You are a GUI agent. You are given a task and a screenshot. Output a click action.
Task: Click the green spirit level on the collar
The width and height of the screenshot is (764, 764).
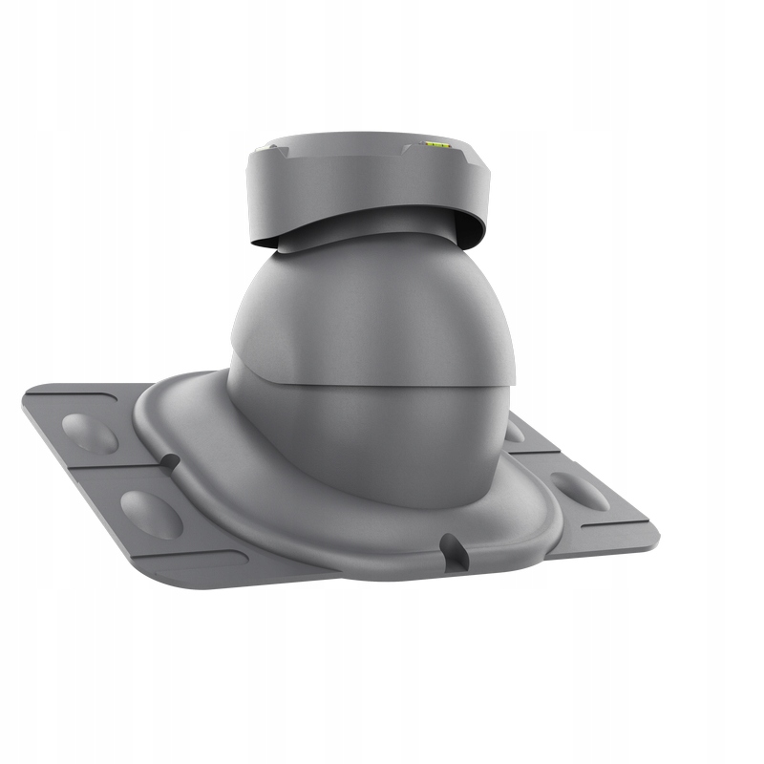(436, 146)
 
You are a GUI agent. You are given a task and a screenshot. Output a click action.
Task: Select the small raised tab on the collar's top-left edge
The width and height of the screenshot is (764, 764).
(271, 146)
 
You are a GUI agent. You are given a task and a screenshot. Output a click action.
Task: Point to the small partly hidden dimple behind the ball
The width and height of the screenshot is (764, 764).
(516, 432)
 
